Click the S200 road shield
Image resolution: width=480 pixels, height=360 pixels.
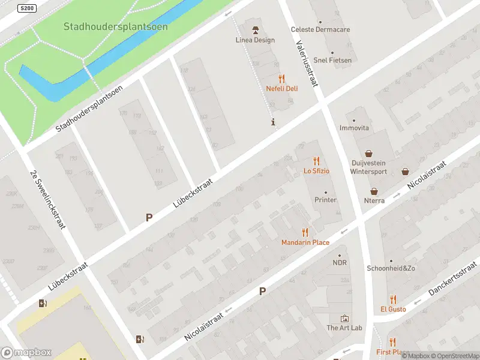[27, 8]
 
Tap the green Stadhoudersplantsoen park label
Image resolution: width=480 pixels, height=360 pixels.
[116, 27]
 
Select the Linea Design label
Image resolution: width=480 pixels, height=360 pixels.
[255, 40]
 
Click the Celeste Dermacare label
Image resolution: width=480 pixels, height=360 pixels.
[320, 29]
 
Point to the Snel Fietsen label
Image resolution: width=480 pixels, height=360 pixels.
[332, 60]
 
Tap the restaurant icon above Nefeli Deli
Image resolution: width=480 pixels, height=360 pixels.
[281, 79]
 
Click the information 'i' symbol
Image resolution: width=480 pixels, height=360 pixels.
[274, 122]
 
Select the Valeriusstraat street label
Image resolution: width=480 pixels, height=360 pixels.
[307, 63]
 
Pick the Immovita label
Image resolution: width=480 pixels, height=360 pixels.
[354, 128]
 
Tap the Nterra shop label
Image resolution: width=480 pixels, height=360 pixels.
[374, 200]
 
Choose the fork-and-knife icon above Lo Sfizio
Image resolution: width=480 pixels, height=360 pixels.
[316, 161]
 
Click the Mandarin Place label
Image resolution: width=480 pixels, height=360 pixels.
[305, 242]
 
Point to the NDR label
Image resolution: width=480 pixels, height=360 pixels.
[340, 263]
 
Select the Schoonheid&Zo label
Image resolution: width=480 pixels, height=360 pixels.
[391, 268]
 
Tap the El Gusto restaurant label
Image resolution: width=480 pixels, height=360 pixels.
[393, 309]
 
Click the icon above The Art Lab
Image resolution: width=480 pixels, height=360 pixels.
[344, 318]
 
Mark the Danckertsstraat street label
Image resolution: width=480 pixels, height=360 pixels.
[454, 278]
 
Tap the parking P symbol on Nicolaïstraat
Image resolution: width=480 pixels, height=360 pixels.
[262, 292]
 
